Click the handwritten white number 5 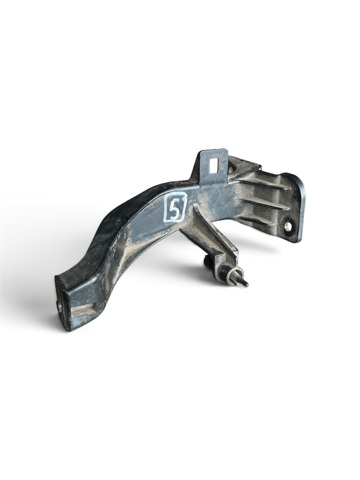[x=174, y=210]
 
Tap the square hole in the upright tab [x=213, y=165]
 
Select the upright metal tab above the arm [x=213, y=166]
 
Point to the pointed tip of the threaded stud [x=246, y=284]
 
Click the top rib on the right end [x=263, y=185]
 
